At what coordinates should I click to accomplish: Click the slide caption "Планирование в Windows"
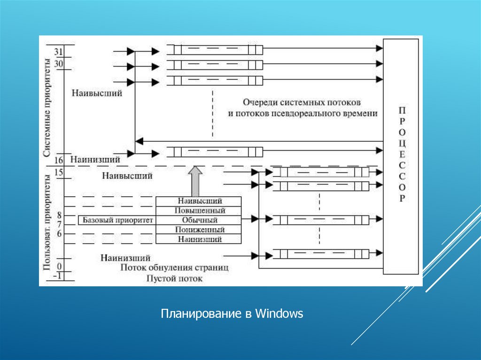tap(233, 314)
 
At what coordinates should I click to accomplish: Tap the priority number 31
tap(59, 51)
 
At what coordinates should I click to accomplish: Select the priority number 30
tap(59, 63)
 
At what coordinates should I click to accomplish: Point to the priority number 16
tap(59, 161)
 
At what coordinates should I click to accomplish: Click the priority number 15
tap(59, 172)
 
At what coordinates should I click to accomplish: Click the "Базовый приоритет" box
tap(118, 220)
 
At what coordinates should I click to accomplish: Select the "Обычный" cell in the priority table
tap(198, 220)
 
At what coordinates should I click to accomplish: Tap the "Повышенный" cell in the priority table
tap(198, 210)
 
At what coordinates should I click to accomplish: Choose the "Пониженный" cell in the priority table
tap(198, 230)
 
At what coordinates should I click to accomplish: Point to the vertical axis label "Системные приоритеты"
tap(47, 108)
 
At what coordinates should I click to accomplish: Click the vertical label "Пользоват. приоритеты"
tap(47, 222)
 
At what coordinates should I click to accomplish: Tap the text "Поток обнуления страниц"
tap(174, 268)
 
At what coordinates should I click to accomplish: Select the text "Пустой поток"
tap(174, 278)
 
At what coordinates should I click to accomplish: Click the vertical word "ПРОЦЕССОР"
tap(402, 155)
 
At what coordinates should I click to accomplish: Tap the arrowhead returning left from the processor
tap(139, 141)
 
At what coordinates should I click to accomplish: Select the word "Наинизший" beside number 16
tap(95, 160)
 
